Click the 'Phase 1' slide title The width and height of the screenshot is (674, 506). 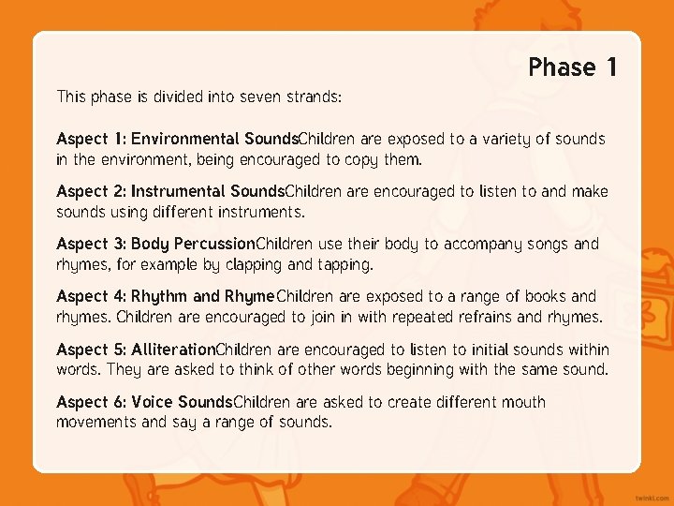click(573, 67)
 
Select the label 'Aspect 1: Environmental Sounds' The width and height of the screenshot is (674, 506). click(176, 139)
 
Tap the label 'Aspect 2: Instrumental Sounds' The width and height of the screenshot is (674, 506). click(170, 191)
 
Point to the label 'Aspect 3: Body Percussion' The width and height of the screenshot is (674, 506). click(155, 244)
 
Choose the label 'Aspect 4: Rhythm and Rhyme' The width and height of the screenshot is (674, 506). click(165, 297)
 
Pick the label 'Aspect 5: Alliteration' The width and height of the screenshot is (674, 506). click(136, 350)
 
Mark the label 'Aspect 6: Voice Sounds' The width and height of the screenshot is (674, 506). click(144, 402)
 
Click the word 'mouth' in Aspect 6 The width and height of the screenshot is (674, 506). click(522, 402)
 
